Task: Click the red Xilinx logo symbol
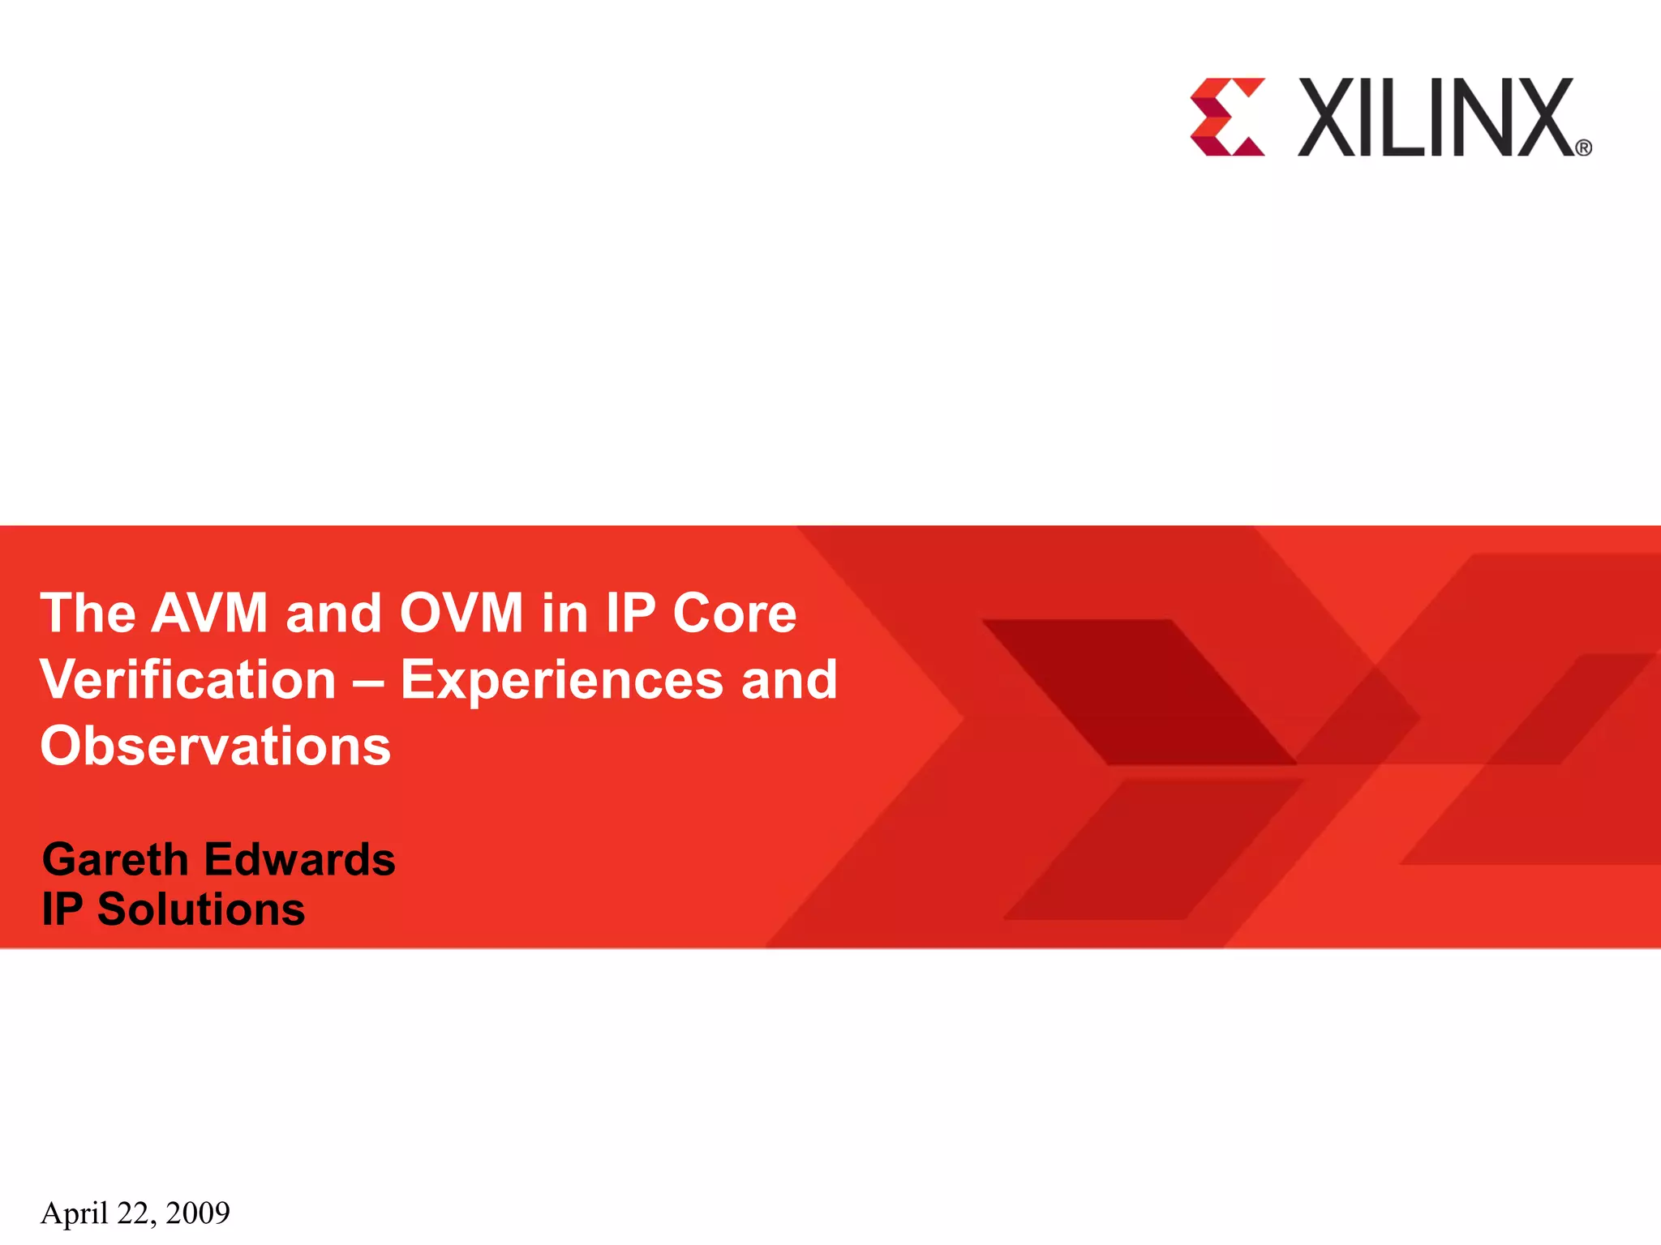click(x=1226, y=117)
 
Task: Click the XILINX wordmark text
click(x=1436, y=118)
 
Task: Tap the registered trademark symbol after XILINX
click(x=1583, y=148)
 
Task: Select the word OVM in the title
click(x=461, y=613)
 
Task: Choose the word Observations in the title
click(x=216, y=746)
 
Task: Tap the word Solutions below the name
click(x=201, y=909)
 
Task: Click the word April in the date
click(x=75, y=1213)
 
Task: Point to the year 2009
click(x=198, y=1213)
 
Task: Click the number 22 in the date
click(x=133, y=1213)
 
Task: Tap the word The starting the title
click(x=88, y=613)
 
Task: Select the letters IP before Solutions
click(x=62, y=909)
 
